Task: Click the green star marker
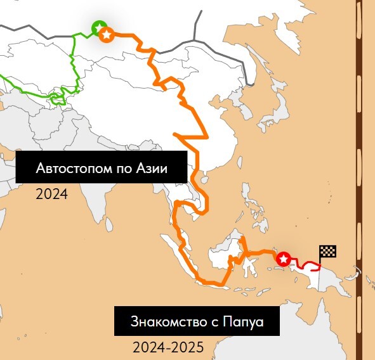99,27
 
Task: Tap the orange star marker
107,34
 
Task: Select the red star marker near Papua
284,259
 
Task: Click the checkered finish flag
327,252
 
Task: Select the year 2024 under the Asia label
51,193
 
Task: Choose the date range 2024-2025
168,347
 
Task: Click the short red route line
305,264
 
